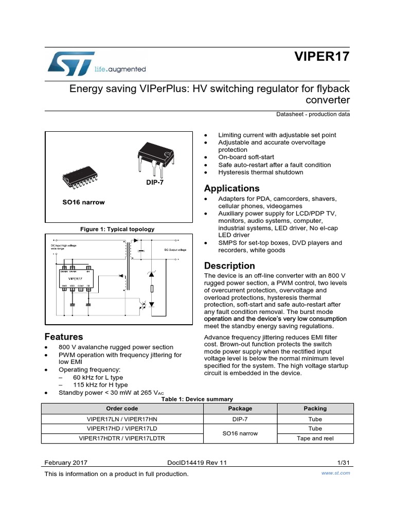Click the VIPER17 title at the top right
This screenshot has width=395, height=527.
pos(322,57)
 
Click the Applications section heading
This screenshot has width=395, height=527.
pos(231,188)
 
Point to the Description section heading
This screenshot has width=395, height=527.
pos(229,266)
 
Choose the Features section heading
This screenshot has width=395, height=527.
pos(64,337)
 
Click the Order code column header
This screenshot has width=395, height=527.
pos(122,408)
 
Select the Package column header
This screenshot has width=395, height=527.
pos(240,408)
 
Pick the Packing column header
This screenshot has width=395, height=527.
pos(315,408)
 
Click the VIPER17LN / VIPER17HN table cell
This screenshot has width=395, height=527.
pos(122,418)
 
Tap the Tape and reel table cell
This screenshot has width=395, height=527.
pos(315,438)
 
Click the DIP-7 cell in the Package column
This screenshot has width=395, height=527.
pos(240,418)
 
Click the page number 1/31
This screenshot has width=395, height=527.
pos(342,463)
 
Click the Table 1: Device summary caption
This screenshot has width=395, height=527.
pos(197,399)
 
